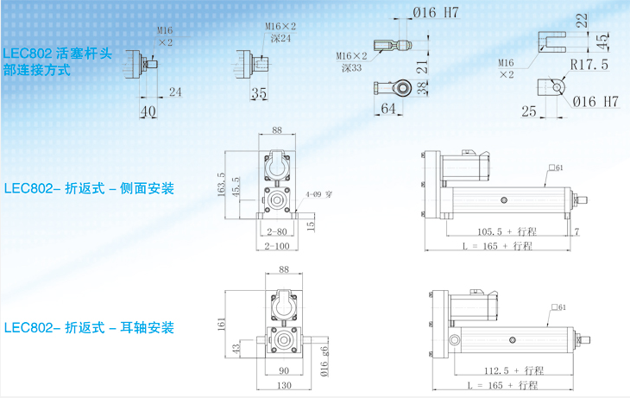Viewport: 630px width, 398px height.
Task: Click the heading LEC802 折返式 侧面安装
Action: (x=89, y=188)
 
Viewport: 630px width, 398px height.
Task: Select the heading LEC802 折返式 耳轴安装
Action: (x=89, y=328)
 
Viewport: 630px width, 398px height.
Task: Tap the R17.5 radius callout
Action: (x=589, y=65)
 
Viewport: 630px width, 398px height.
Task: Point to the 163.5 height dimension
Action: (x=222, y=185)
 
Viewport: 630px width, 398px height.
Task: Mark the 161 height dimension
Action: (x=223, y=325)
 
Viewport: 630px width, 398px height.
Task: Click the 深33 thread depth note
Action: (x=352, y=67)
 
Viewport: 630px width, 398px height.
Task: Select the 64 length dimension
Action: (x=387, y=108)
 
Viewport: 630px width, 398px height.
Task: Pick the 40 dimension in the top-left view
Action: (x=148, y=110)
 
